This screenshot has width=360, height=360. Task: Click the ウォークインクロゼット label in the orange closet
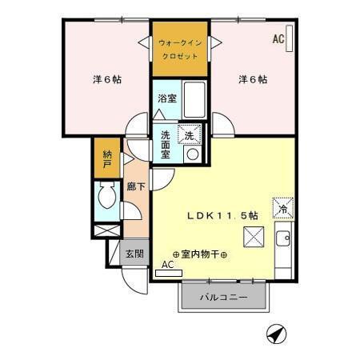tap(180, 49)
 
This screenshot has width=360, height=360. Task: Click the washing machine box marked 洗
tap(189, 135)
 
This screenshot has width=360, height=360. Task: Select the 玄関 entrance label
tap(134, 254)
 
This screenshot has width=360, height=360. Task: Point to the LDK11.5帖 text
tap(222, 215)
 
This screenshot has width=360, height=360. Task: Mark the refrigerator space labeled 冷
tap(282, 207)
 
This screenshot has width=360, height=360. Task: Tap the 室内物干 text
tap(200, 254)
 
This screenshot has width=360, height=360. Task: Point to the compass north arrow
tap(274, 334)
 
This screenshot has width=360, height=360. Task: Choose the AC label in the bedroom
tap(278, 38)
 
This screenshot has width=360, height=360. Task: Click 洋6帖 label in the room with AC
tap(252, 79)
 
